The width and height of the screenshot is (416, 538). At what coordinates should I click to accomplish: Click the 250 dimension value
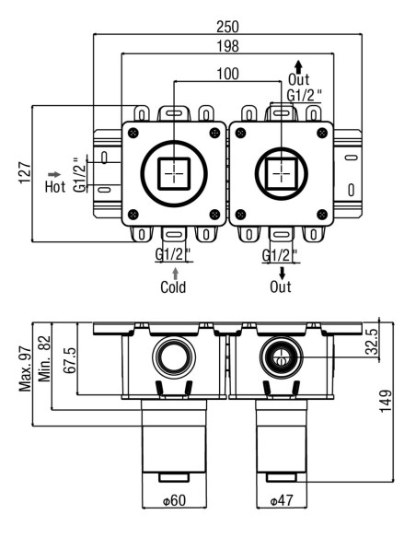point(227,27)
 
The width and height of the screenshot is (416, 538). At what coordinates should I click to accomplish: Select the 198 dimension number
point(227,46)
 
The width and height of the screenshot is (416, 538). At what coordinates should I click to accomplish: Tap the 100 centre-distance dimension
point(227,74)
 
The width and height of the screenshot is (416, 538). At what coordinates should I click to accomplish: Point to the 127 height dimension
point(25,172)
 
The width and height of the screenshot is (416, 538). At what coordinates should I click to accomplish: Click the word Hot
point(55,187)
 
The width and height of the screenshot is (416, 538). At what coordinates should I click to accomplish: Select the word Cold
point(173,287)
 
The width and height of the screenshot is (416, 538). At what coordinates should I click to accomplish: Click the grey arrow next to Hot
point(54,175)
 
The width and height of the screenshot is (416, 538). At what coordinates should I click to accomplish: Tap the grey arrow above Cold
point(176,274)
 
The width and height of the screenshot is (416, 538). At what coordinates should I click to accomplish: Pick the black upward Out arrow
point(298,66)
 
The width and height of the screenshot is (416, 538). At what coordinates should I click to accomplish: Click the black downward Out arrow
point(282,274)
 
